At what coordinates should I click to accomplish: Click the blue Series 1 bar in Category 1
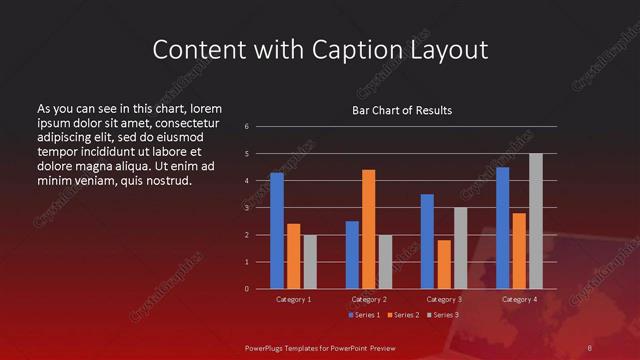click(x=277, y=231)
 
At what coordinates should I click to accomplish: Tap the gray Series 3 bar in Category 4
click(x=536, y=221)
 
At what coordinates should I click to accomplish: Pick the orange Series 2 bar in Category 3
click(x=444, y=264)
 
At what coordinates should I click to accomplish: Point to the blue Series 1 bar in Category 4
click(x=502, y=228)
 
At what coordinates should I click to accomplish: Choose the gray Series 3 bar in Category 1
click(x=310, y=262)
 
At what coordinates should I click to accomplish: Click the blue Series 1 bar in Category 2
click(x=352, y=255)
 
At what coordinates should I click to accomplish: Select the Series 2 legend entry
click(x=402, y=315)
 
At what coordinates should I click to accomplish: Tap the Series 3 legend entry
click(x=442, y=315)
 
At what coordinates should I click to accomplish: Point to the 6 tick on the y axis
click(x=246, y=126)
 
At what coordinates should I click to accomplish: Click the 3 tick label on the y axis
click(x=246, y=207)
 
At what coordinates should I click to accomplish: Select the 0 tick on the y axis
click(x=246, y=289)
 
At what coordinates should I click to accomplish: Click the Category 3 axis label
click(x=443, y=299)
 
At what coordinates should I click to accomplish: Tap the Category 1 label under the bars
click(x=293, y=299)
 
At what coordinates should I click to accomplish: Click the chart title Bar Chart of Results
click(x=402, y=110)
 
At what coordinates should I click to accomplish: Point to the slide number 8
click(x=590, y=347)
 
